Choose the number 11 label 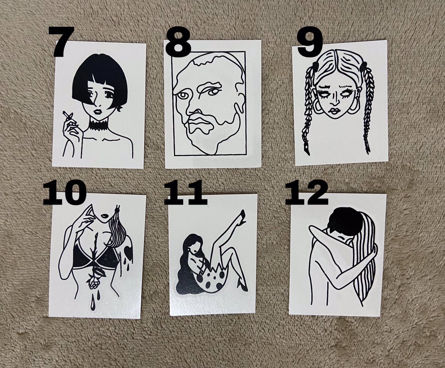pos(185,192)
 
